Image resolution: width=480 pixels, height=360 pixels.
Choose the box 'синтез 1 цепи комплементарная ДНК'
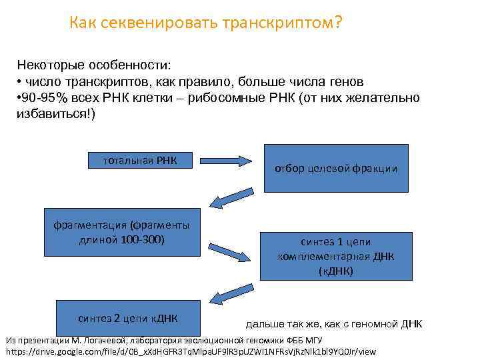pos(336,256)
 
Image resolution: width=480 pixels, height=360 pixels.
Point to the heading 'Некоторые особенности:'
pos(94,66)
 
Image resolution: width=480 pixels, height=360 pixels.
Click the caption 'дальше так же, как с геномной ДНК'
pos(334,325)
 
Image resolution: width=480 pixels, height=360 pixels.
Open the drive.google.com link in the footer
pos(191,351)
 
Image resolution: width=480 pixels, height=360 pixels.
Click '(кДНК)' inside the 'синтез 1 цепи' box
pos(336,271)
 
